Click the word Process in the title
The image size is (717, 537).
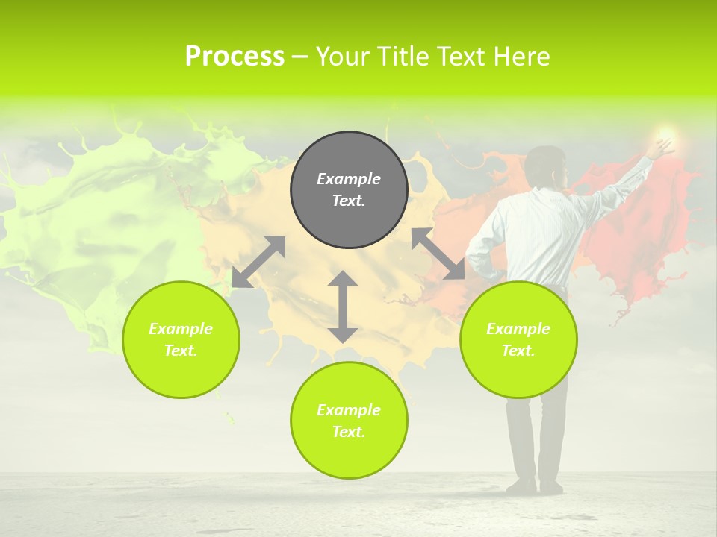(235, 57)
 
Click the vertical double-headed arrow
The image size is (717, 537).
(343, 307)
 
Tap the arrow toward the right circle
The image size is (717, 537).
(438, 254)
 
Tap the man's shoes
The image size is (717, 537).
(534, 486)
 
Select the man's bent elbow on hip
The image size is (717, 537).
(474, 257)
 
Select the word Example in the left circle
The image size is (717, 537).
(181, 329)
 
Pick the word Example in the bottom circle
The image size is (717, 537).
(349, 410)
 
